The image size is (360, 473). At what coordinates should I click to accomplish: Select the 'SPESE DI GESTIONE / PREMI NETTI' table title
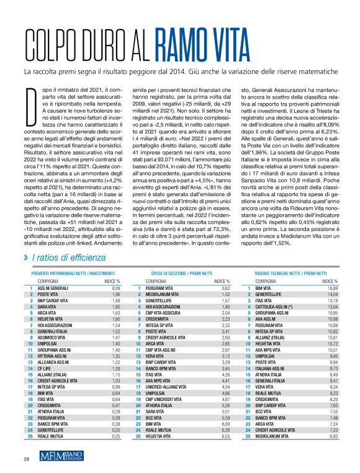[x=179, y=274]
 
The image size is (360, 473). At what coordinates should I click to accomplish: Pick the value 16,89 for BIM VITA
[x=333, y=289]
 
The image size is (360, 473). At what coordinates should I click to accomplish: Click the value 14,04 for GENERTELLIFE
[x=333, y=294]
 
